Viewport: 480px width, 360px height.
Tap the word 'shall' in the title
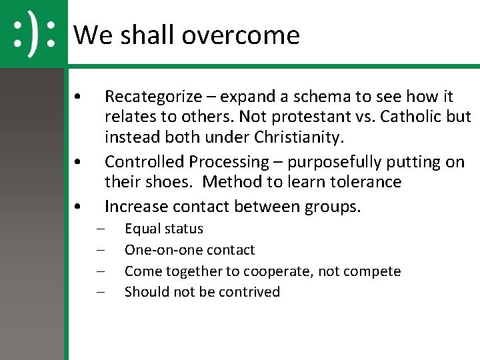coord(141,35)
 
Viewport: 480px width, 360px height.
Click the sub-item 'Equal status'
coord(164,229)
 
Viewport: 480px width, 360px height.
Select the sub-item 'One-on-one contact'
coord(189,250)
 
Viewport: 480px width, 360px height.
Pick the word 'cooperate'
coord(275,271)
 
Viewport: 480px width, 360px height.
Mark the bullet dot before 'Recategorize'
coord(79,97)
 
